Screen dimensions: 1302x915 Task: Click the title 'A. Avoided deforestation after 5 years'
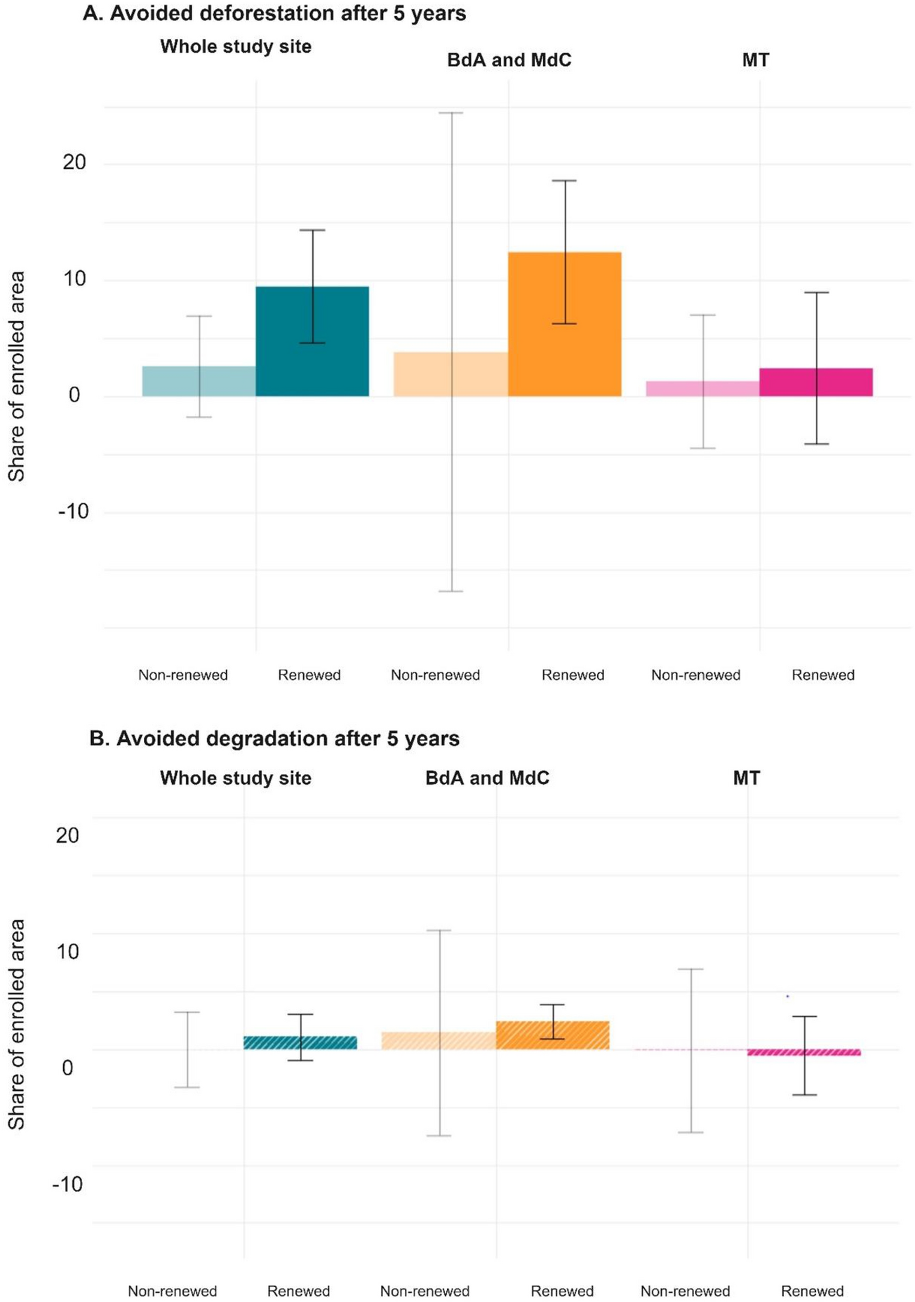pyautogui.click(x=274, y=13)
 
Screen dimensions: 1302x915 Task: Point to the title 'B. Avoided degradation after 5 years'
pyautogui.click(x=274, y=738)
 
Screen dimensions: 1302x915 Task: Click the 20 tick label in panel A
pyautogui.click(x=74, y=163)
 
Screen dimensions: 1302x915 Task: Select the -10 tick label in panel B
pyautogui.click(x=67, y=1185)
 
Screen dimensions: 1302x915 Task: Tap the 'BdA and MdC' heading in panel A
pyautogui.click(x=509, y=60)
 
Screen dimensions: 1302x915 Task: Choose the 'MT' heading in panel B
pyautogui.click(x=747, y=778)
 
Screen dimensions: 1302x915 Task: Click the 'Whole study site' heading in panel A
pyautogui.click(x=236, y=46)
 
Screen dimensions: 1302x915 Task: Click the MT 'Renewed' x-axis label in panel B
pyautogui.click(x=812, y=1291)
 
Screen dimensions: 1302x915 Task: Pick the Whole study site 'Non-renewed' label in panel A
pyautogui.click(x=182, y=675)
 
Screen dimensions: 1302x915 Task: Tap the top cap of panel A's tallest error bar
pyautogui.click(x=450, y=112)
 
